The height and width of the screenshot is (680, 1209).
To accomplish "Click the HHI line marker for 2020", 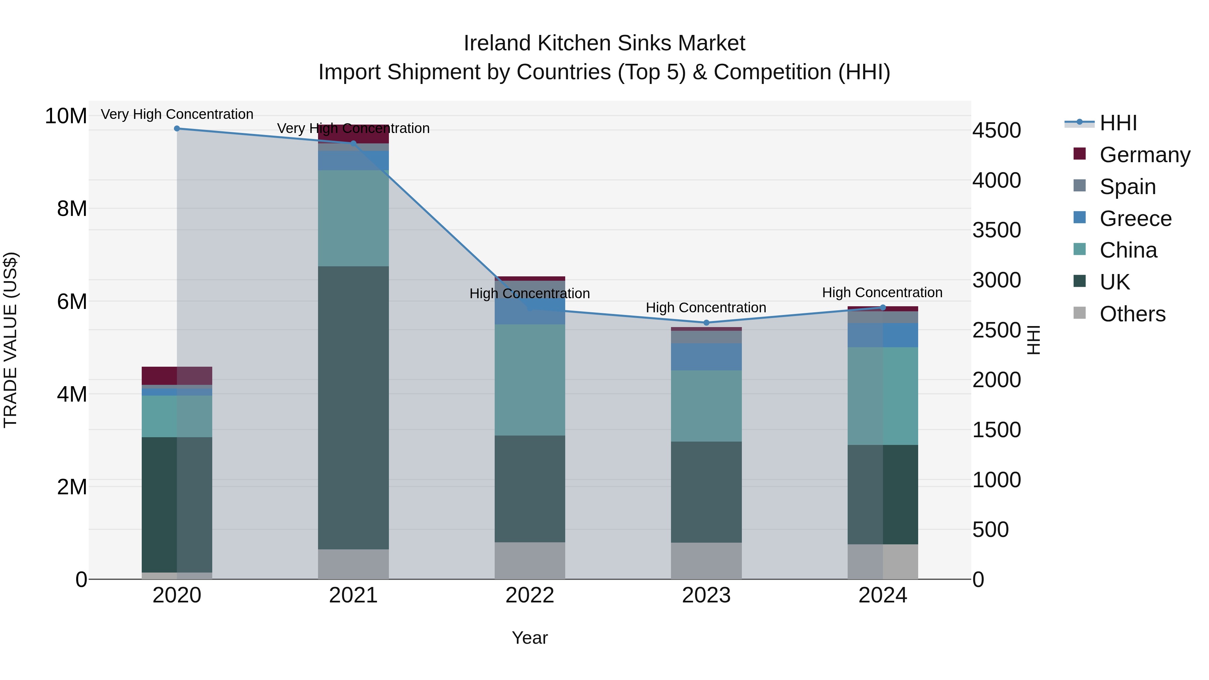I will [177, 129].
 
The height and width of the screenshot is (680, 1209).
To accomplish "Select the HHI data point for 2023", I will [706, 323].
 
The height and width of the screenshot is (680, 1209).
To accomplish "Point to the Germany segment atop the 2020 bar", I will [177, 375].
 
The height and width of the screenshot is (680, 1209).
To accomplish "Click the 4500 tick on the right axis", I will [996, 131].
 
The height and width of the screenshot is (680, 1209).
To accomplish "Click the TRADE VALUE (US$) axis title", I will [10, 340].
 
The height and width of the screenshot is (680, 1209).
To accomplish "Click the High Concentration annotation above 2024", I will [882, 292].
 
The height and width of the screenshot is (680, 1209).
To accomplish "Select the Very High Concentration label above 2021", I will [353, 128].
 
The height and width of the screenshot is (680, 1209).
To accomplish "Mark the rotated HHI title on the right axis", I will [1033, 340].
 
